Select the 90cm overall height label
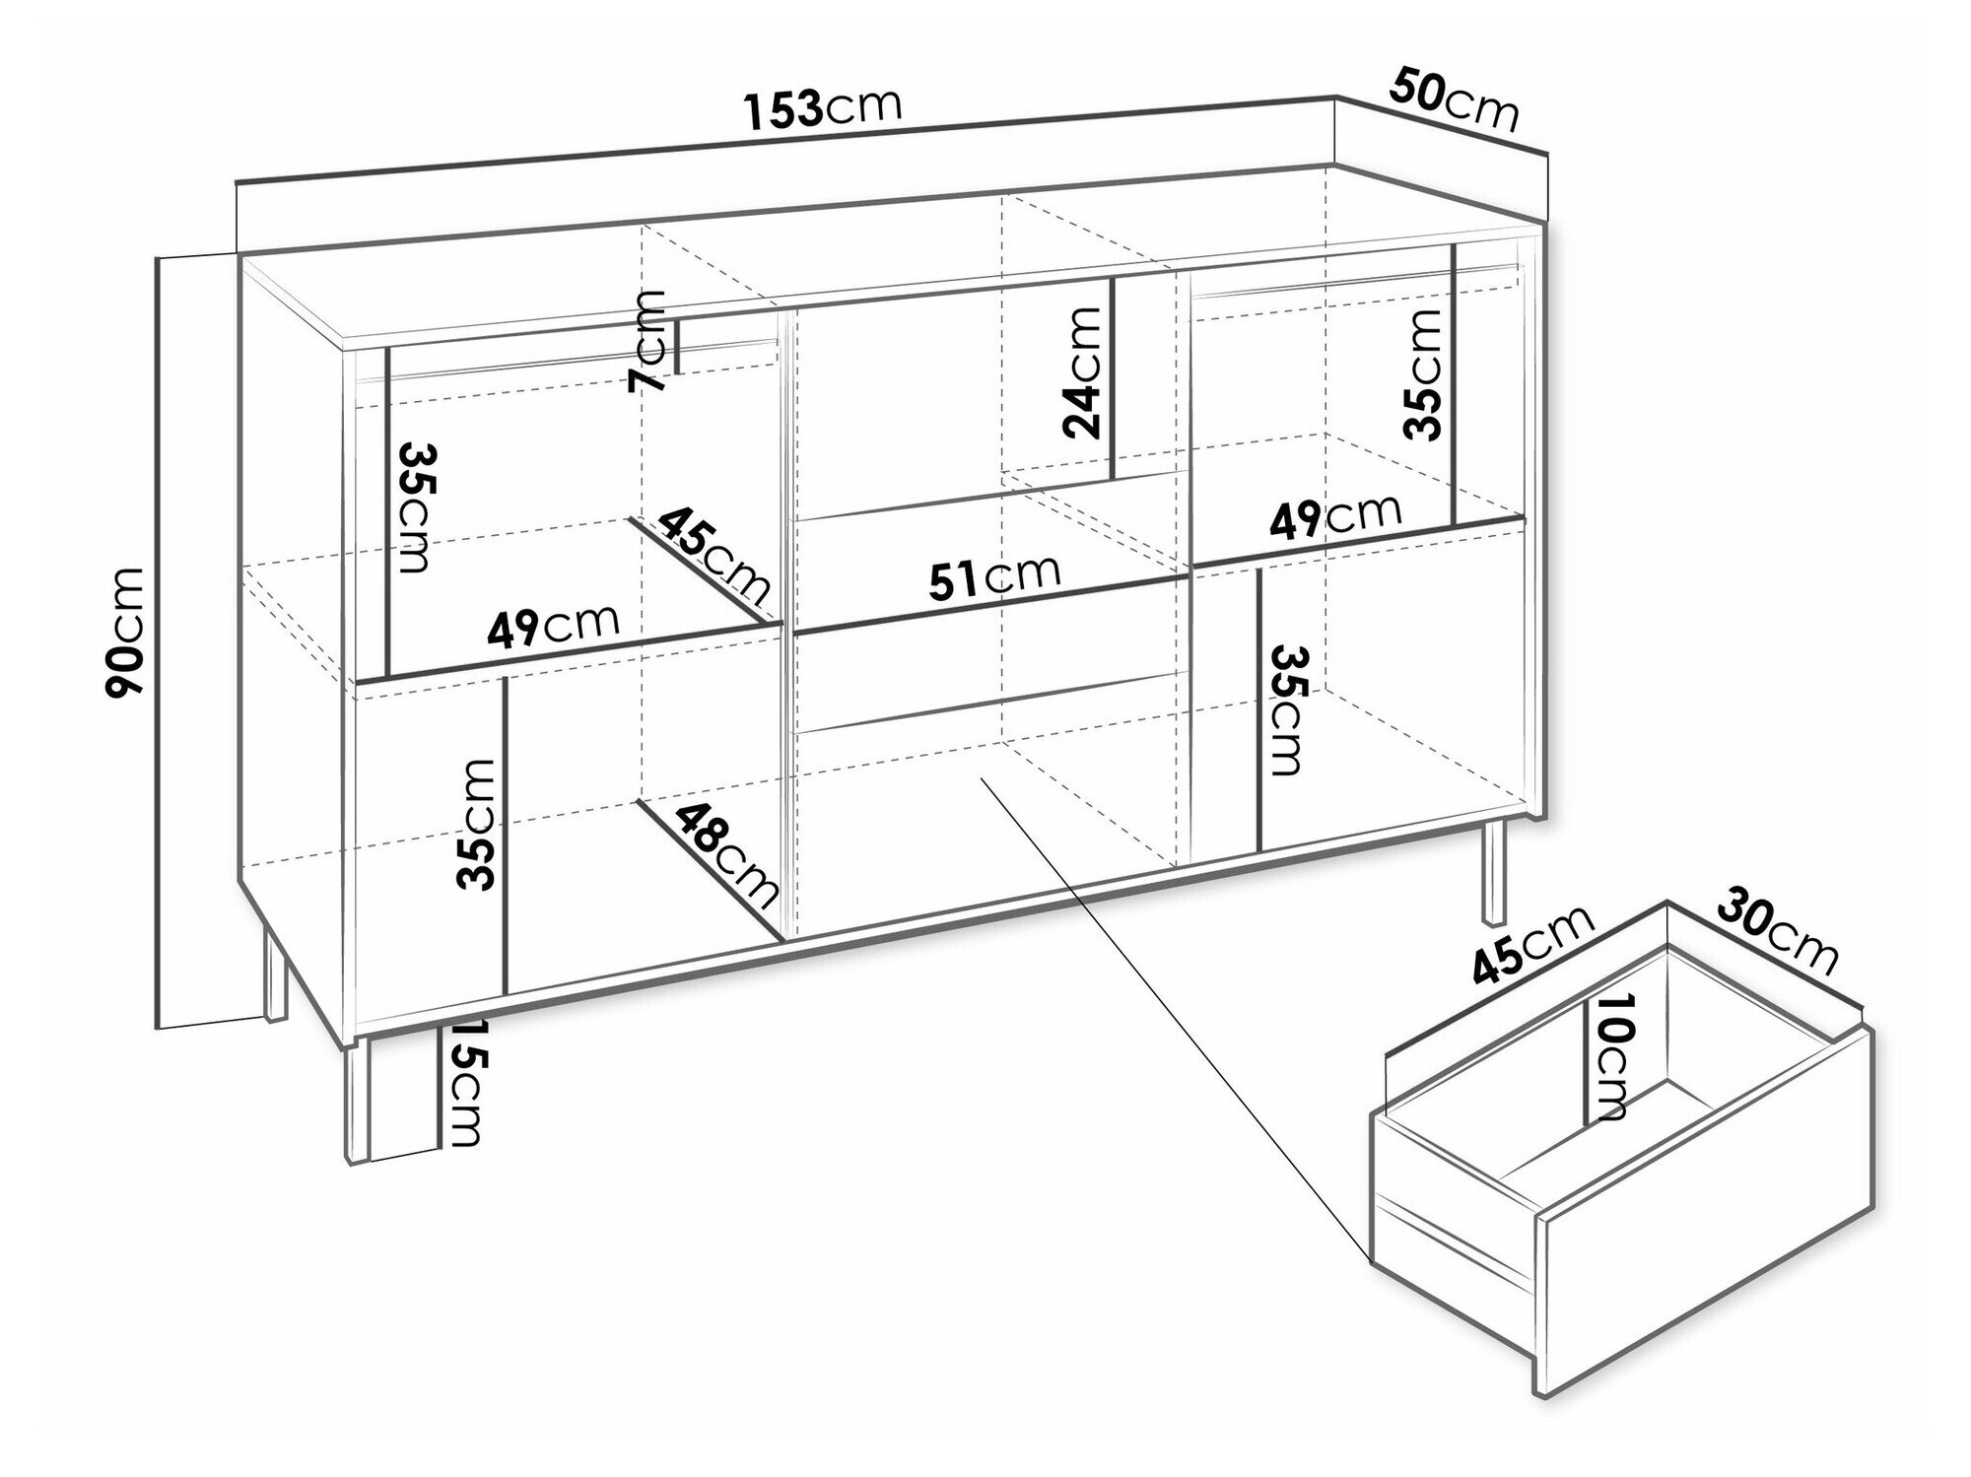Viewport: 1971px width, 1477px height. pos(125,632)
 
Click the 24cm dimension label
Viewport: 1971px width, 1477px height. pos(1083,371)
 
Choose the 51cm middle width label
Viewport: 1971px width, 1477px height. pos(995,579)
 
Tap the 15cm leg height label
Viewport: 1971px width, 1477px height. pos(462,1083)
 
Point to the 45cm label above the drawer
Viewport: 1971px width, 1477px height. pos(1533,946)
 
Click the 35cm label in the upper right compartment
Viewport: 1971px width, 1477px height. pos(1424,374)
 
